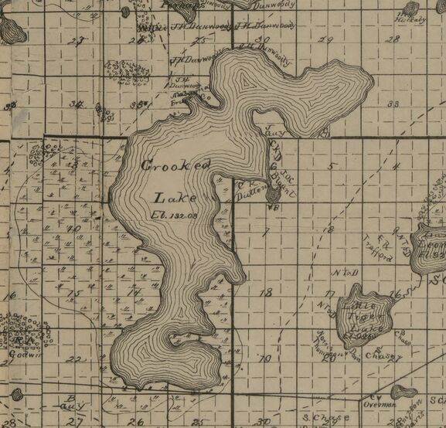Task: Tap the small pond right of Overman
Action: click(x=403, y=392)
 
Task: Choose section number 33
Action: click(x=393, y=104)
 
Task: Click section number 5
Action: click(x=329, y=166)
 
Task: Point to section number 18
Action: click(x=267, y=293)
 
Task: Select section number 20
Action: click(x=329, y=357)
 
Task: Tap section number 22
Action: click(x=73, y=360)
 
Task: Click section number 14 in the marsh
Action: click(x=133, y=293)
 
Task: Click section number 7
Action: click(x=265, y=230)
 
